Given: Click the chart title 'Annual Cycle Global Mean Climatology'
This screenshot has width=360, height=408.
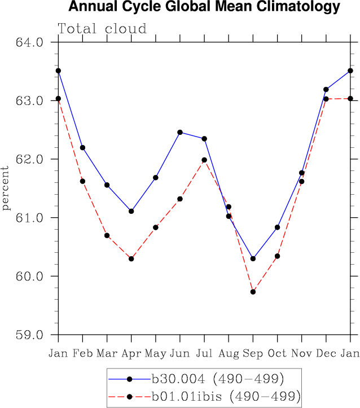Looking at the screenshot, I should (x=204, y=7).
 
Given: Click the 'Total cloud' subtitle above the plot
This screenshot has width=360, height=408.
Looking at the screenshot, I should (x=102, y=29).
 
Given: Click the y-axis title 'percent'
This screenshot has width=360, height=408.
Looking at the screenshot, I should (x=6, y=188).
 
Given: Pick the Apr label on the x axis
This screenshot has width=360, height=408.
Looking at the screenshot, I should (x=131, y=353).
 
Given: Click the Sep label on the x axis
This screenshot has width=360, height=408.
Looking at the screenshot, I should (x=253, y=353).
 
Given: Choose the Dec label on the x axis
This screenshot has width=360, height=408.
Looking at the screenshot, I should (x=326, y=353).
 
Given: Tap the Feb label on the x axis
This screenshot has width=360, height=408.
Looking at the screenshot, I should (x=82, y=353).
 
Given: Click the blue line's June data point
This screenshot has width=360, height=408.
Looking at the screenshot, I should (x=180, y=132).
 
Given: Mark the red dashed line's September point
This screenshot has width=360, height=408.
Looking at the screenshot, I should (x=253, y=292).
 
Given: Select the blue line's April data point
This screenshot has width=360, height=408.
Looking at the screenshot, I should (x=131, y=211).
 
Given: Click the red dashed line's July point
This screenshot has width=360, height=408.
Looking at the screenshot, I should (x=204, y=160).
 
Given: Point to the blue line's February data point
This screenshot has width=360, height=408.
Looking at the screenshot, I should (x=82, y=147).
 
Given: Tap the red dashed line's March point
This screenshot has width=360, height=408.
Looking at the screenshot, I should (x=107, y=235).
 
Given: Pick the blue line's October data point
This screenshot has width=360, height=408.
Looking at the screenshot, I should (x=277, y=227).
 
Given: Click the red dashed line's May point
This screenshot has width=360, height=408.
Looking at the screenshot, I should (x=156, y=227).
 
